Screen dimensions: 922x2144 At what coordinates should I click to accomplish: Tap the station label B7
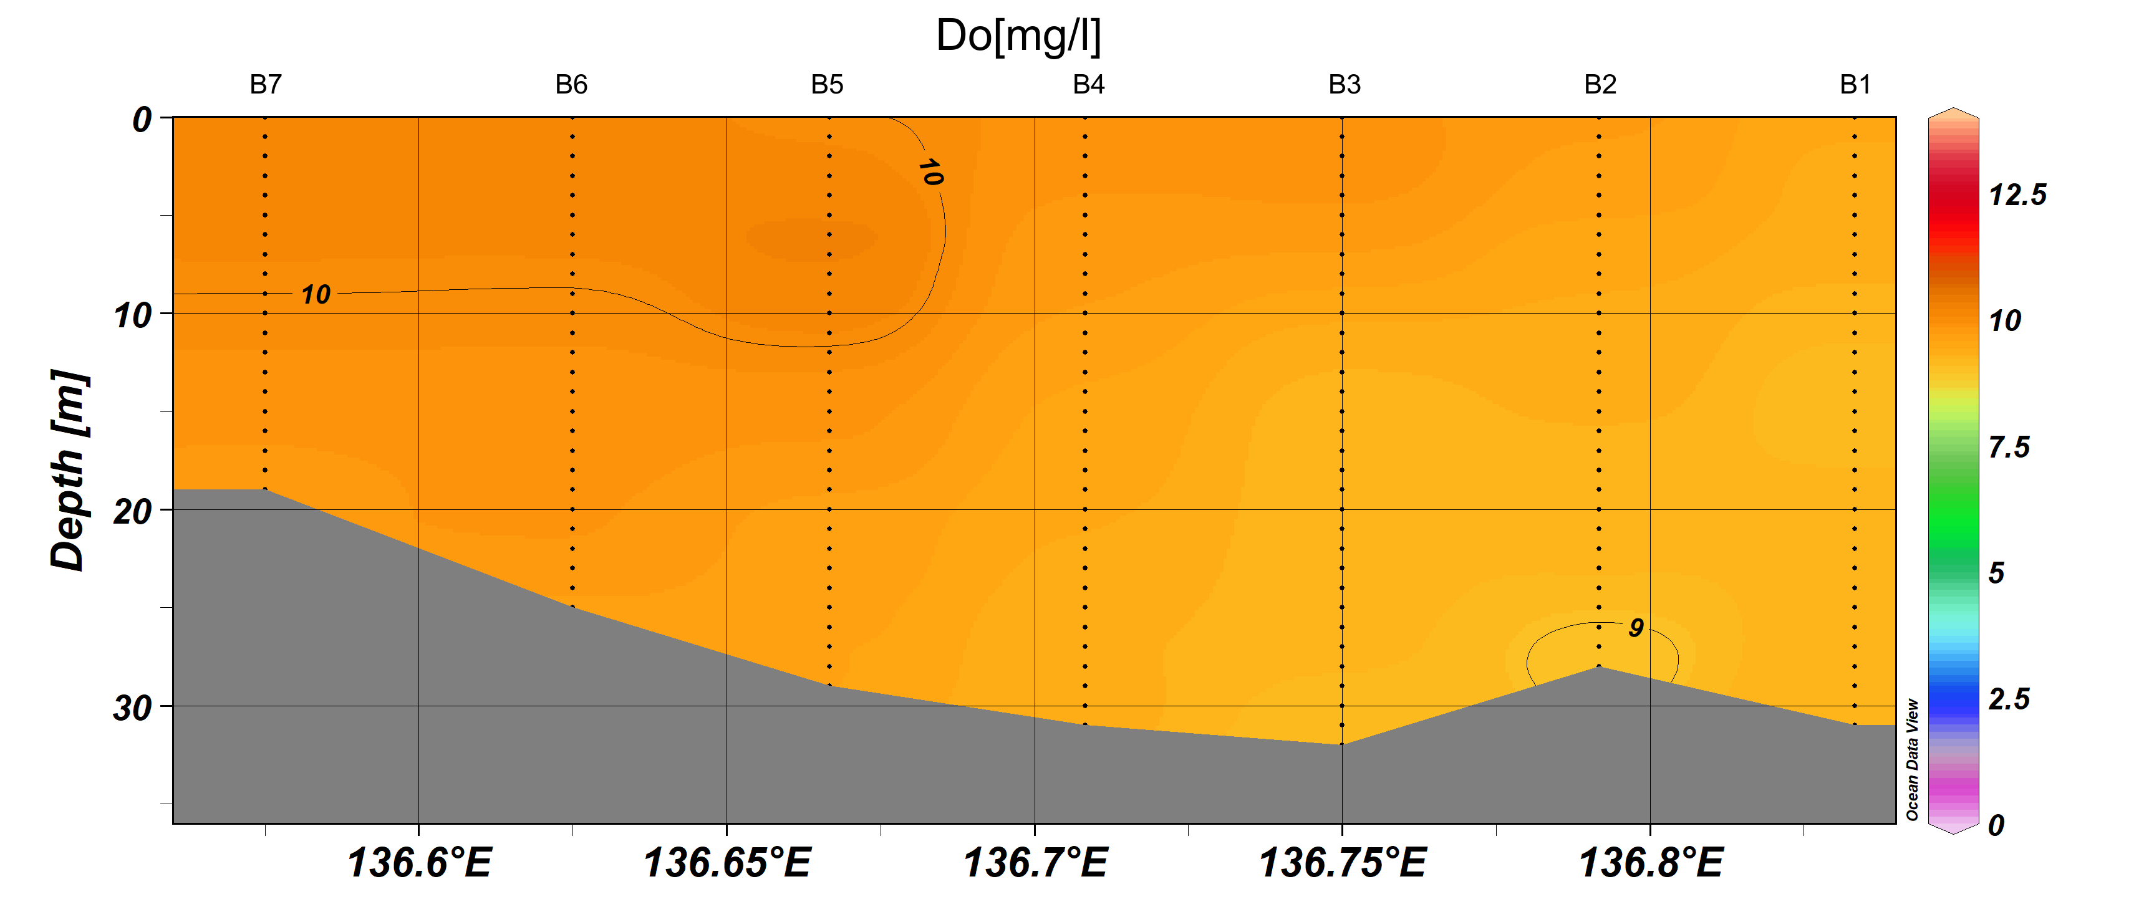click(x=266, y=84)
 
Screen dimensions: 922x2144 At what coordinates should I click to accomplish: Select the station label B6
click(x=572, y=84)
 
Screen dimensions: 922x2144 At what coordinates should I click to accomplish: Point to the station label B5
click(x=828, y=84)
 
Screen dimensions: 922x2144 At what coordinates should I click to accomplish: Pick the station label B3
click(x=1344, y=84)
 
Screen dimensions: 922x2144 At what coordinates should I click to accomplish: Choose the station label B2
click(x=1600, y=84)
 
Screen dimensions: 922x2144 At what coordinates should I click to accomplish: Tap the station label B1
click(x=1855, y=84)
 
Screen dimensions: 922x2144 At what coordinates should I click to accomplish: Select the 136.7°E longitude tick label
click(x=1035, y=863)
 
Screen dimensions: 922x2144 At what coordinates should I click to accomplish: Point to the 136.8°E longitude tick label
click(x=1651, y=863)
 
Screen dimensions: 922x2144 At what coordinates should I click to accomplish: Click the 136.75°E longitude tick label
click(x=1343, y=863)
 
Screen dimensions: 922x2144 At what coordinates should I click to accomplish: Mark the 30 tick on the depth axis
click(x=133, y=708)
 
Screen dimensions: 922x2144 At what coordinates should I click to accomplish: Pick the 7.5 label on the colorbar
click(x=2008, y=448)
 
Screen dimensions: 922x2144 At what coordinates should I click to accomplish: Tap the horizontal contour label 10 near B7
click(x=316, y=295)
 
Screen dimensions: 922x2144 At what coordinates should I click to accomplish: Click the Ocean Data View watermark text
click(x=1912, y=759)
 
